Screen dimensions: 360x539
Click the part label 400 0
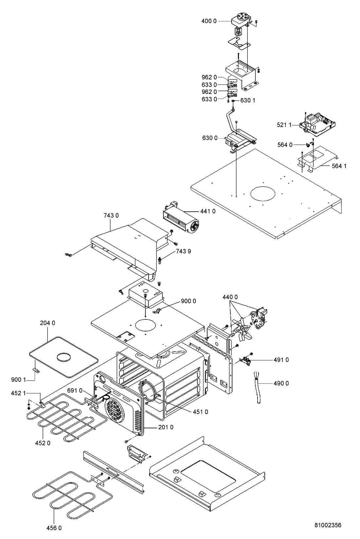(x=209, y=21)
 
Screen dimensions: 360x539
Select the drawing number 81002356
(x=328, y=525)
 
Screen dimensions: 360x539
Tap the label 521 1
(x=284, y=125)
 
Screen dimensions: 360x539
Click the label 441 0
(x=208, y=211)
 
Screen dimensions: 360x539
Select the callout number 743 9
(x=183, y=251)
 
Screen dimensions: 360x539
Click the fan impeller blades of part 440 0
(x=242, y=330)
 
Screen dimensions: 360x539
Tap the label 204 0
(x=47, y=323)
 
